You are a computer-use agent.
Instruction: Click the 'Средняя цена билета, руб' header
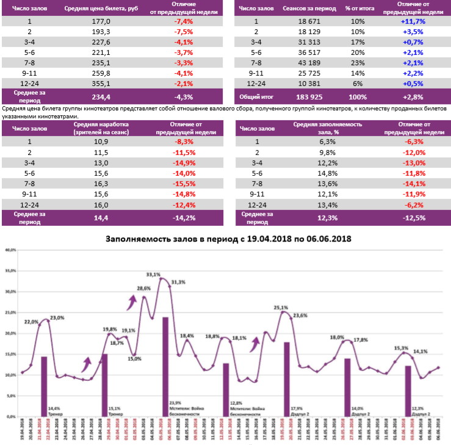coord(101,9)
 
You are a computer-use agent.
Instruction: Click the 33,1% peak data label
coord(154,274)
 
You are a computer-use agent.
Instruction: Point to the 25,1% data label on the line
coord(281,308)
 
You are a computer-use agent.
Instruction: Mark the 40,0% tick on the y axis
coord(10,250)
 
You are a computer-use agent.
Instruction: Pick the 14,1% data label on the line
coord(420,352)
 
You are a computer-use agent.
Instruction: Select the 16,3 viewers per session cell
coord(101,183)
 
